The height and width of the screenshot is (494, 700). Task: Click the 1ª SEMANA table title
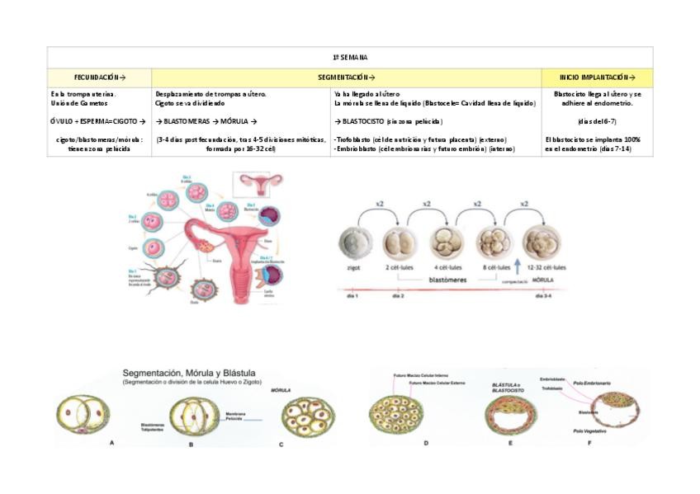(349, 57)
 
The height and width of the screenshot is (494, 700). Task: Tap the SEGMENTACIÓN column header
(346, 77)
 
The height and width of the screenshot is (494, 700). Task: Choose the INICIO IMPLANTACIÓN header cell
(598, 77)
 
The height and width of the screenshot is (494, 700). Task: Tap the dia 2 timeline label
(398, 294)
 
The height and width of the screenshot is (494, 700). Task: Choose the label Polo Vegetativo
(590, 430)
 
